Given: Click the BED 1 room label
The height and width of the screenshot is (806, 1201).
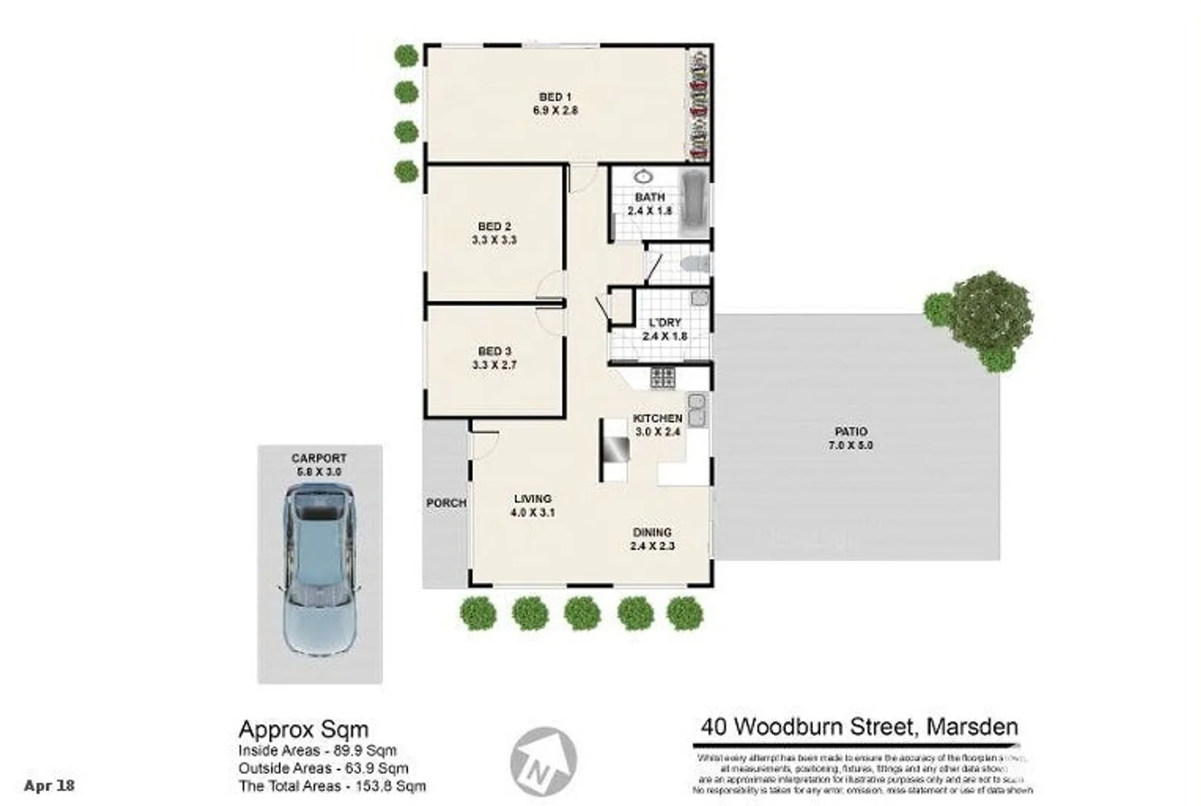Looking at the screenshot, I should tap(554, 97).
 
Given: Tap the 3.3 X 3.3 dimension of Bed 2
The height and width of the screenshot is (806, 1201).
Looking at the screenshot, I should tap(494, 240).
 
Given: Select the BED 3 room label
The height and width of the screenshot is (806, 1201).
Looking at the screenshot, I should tap(494, 351).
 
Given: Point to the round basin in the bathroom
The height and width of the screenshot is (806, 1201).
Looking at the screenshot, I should tap(643, 177).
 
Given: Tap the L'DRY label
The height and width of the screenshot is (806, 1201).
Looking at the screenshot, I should tap(664, 322).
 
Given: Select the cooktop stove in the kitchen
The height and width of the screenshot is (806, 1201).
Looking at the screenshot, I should tap(662, 377).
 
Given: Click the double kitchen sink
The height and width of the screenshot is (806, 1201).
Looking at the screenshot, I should tap(697, 410).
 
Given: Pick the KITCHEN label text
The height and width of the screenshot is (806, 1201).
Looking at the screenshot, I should tap(657, 418).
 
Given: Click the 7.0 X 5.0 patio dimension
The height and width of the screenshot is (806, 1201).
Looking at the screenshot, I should tap(850, 446).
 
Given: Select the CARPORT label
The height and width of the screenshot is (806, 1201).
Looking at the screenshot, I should tap(319, 458).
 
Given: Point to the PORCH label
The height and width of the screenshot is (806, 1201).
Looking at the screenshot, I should tap(446, 503).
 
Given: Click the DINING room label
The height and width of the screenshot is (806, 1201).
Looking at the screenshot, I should tap(652, 532).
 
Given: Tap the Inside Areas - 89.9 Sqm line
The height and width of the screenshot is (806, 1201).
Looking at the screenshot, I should tap(317, 751).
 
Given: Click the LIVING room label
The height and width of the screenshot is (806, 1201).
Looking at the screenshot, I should tap(533, 499).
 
